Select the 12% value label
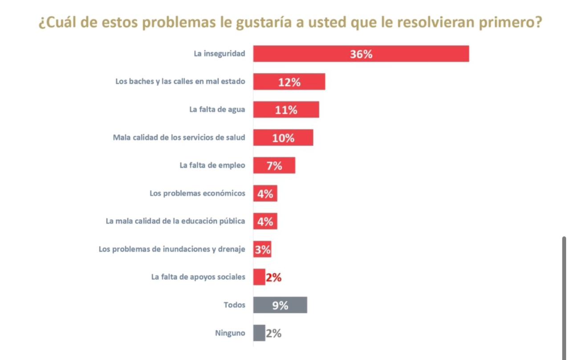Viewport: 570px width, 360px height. coord(289,82)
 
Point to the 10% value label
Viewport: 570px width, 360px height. coord(283,138)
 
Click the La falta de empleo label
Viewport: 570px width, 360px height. coord(212,165)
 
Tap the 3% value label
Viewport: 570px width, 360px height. coord(263,250)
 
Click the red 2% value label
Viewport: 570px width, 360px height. coord(273,278)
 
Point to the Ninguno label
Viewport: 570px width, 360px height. coord(230,333)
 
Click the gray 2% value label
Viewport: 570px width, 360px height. coord(273,333)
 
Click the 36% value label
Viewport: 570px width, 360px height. coord(361,54)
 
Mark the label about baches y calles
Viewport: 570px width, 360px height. coord(180,82)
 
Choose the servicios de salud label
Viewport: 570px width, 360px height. coord(179,138)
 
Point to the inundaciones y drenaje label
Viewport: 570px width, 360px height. coord(171,250)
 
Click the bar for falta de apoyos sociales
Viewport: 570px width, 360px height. coord(259,277)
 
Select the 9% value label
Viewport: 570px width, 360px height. coord(280,305)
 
